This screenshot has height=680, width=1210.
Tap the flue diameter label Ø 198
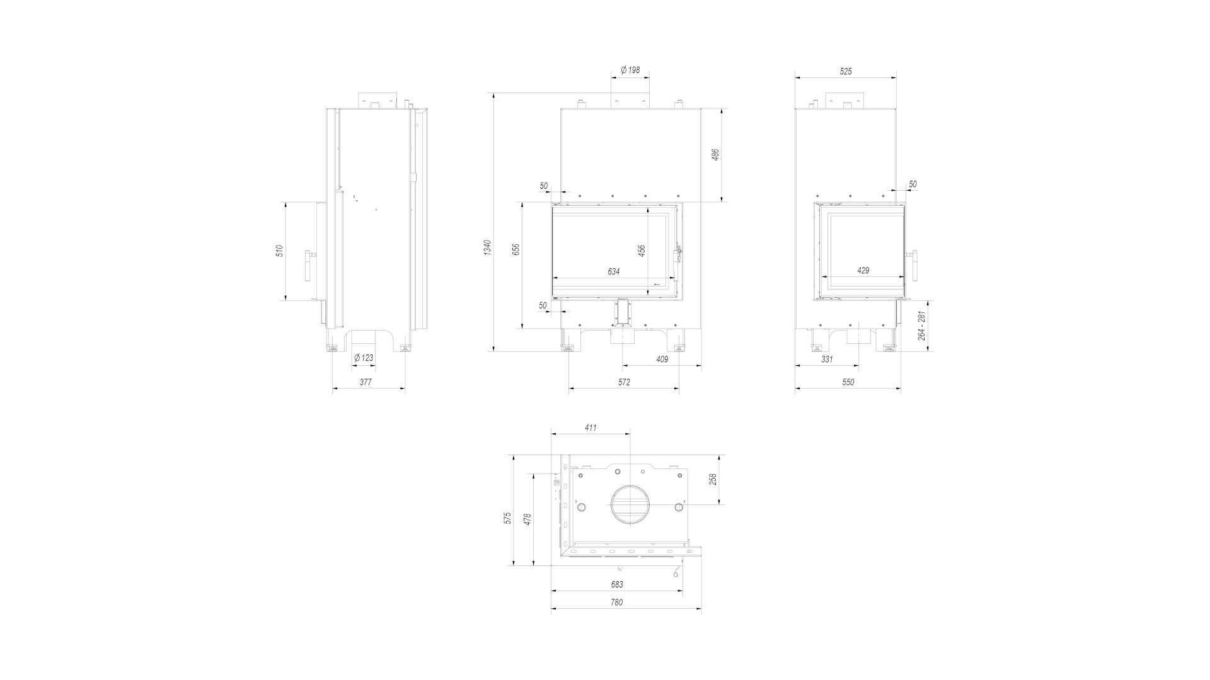630,70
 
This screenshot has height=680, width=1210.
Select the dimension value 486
715,155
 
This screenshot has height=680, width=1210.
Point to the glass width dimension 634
614,271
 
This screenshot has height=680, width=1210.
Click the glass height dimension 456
642,251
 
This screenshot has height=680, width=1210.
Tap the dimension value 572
624,382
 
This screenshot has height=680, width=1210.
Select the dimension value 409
662,359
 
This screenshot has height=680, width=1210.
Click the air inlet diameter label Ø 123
364,358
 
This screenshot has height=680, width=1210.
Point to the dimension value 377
366,382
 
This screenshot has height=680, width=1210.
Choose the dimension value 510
280,251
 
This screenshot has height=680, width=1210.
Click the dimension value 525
846,71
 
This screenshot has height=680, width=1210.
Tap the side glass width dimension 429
863,270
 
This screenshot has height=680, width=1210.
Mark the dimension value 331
827,359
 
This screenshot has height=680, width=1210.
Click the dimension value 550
848,382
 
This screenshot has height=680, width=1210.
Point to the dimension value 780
617,602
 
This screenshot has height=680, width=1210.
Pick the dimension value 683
617,584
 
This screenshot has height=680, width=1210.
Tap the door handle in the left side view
309,266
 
